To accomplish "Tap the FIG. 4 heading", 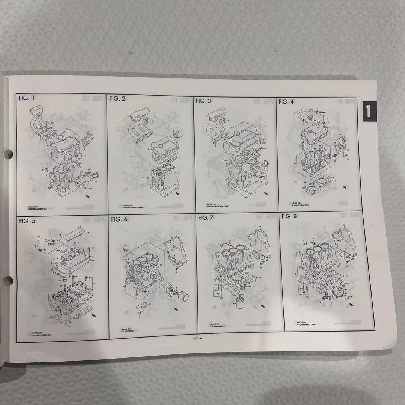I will tap(286, 102).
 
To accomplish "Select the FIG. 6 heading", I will tap(119, 219).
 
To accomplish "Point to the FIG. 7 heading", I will tap(206, 218).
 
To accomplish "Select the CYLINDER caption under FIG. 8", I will tap(307, 324).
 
